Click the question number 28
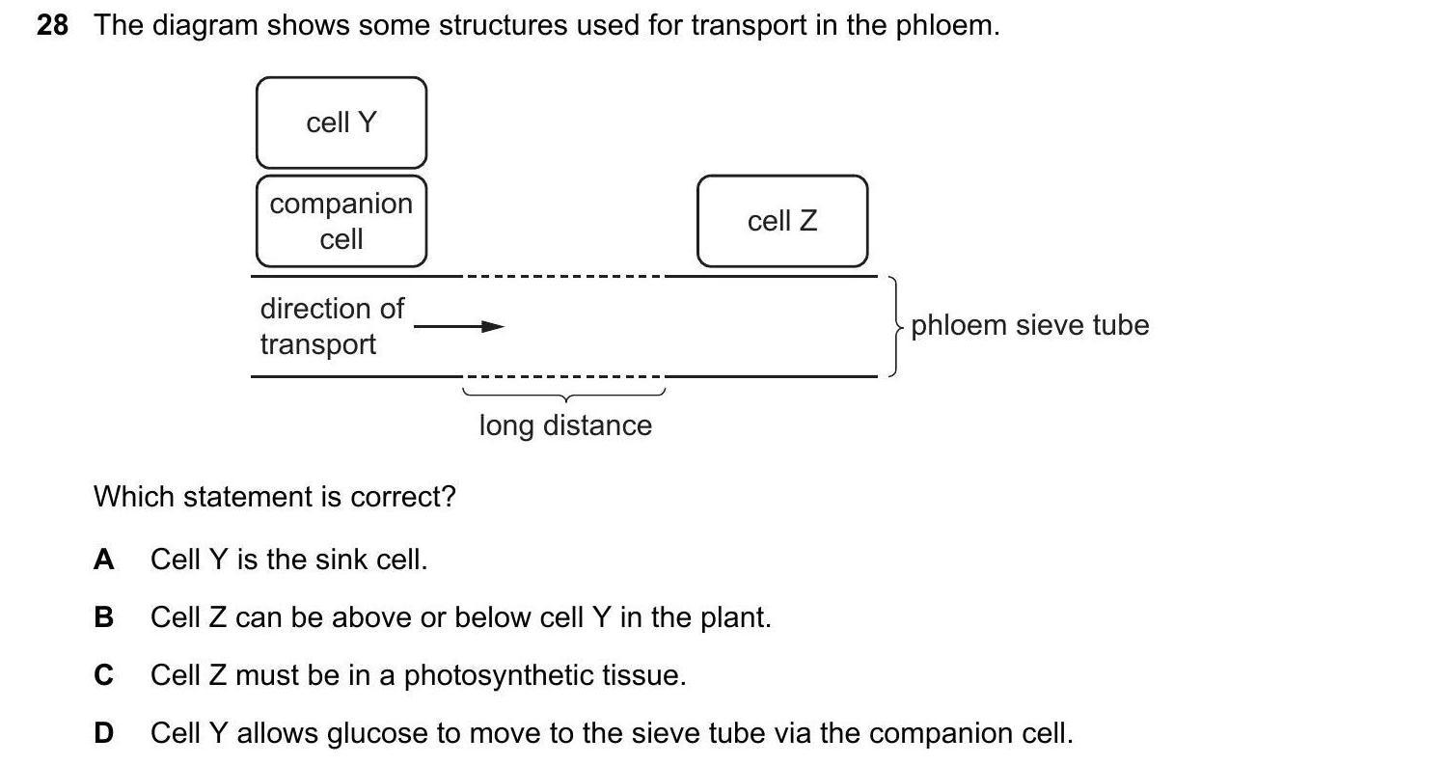[52, 26]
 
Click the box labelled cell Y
[341, 123]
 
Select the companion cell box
[341, 221]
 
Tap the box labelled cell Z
[782, 221]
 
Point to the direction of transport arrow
[459, 327]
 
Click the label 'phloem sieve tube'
[1029, 325]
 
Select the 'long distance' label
[565, 425]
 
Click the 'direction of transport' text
[331, 326]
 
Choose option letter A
[103, 560]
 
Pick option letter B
[103, 617]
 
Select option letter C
[103, 675]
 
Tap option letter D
[103, 733]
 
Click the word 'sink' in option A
[339, 560]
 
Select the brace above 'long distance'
[564, 395]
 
